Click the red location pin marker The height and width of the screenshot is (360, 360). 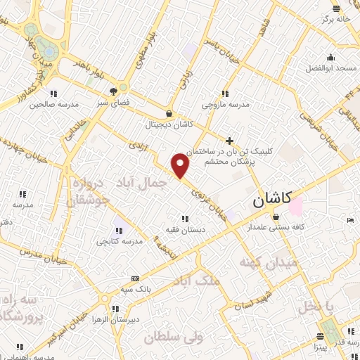181,165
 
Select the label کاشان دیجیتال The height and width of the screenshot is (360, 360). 168,125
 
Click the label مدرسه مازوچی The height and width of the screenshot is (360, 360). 226,104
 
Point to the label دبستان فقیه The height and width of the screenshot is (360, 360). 185,230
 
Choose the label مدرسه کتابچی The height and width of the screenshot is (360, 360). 119,240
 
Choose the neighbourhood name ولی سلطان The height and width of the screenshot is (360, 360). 169,338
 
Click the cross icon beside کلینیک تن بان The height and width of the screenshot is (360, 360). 229,141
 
